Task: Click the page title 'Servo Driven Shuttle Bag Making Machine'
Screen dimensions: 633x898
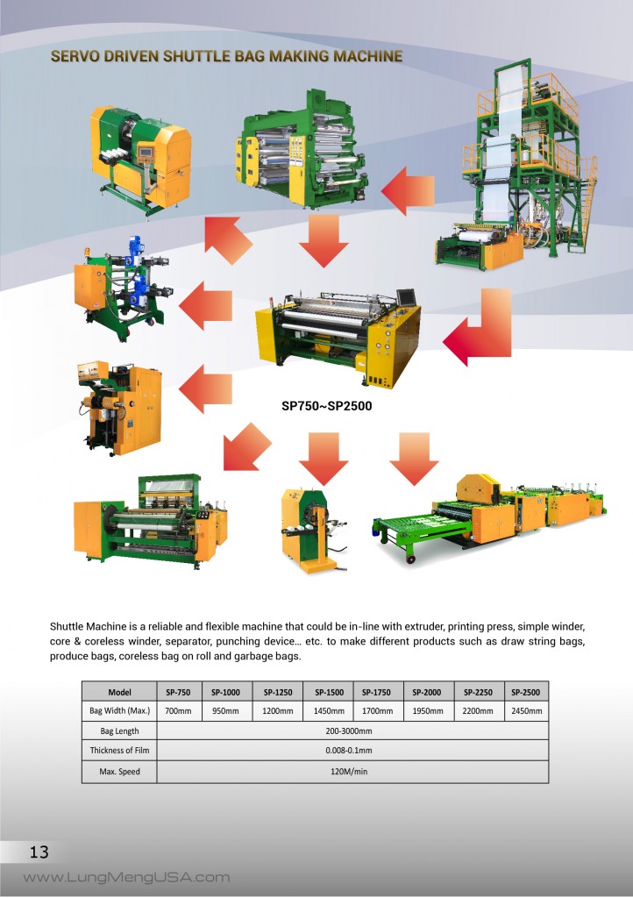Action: [227, 56]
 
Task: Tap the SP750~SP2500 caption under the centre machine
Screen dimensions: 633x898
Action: [327, 406]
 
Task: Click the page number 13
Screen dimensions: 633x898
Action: [39, 852]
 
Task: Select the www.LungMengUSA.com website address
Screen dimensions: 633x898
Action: [126, 877]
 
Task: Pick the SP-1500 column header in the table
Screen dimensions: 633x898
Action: [329, 692]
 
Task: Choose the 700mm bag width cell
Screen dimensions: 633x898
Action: [178, 710]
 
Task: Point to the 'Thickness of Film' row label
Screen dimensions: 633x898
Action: [119, 751]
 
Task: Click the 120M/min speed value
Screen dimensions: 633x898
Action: [349, 772]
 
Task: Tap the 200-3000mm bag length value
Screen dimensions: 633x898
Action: [349, 731]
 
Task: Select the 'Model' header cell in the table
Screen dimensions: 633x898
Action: [119, 692]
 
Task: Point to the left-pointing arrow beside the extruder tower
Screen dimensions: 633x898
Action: [408, 190]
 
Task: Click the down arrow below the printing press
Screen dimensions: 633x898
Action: [324, 240]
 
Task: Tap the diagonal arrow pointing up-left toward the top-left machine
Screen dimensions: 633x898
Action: [227, 239]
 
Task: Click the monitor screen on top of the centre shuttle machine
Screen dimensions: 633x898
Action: [406, 296]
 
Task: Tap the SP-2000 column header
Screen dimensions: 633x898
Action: [427, 692]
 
